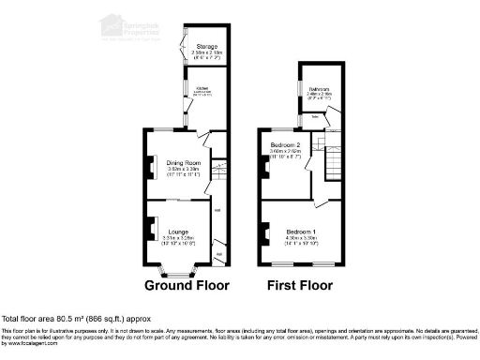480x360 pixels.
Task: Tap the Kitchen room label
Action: (x=202, y=89)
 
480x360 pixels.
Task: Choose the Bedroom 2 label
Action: (x=284, y=146)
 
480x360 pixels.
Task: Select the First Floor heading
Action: (x=302, y=285)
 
